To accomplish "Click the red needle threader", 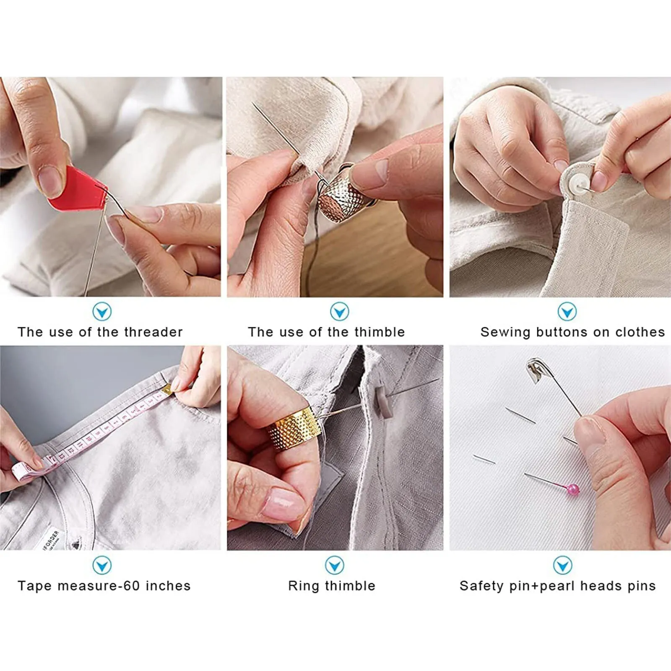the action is point(78,190).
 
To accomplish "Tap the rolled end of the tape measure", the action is point(23,471).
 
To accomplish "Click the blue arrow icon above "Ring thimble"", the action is point(334,565).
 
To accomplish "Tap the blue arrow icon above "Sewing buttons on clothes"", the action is point(567,312).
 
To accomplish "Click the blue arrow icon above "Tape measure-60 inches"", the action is point(102,565).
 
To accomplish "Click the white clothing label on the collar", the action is point(52,540).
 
